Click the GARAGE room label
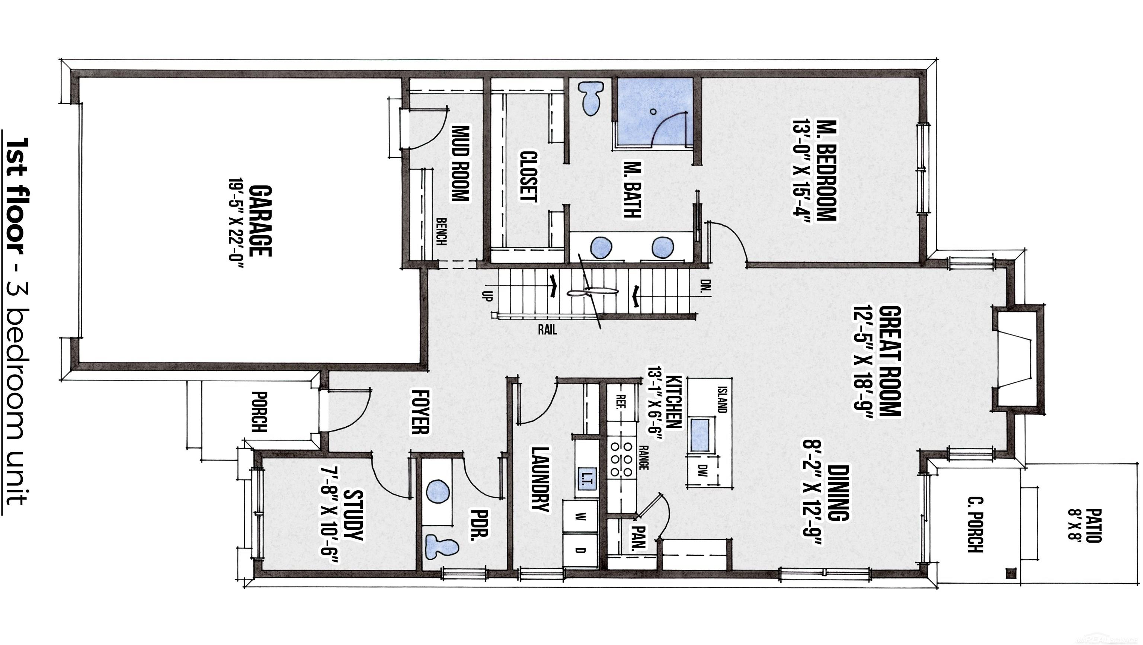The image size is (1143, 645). (260, 221)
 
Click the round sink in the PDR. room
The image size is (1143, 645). (438, 491)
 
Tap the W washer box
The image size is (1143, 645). (580, 516)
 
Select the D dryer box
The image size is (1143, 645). (580, 551)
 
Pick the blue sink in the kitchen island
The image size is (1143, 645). (700, 435)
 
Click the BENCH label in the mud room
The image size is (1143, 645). (441, 231)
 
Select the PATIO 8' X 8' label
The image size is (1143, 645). (1085, 525)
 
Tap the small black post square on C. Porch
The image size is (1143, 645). (1011, 574)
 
